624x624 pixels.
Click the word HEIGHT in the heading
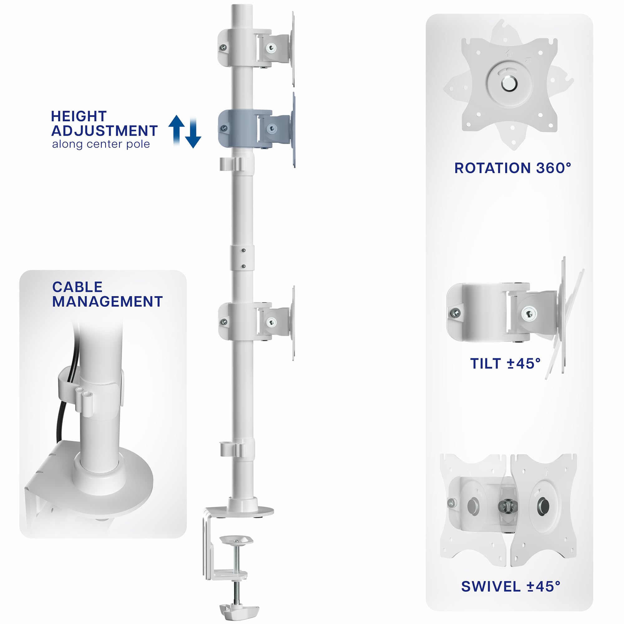click(x=79, y=116)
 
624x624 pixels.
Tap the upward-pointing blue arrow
click(x=177, y=130)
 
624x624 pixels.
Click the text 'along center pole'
click(x=101, y=144)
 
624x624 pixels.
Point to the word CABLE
click(x=77, y=287)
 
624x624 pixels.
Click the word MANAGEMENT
click(x=107, y=302)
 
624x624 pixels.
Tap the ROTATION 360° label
click(x=513, y=168)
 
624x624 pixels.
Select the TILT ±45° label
click(x=505, y=364)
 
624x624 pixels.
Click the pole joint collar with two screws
click(x=242, y=258)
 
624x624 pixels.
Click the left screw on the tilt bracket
click(x=456, y=313)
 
